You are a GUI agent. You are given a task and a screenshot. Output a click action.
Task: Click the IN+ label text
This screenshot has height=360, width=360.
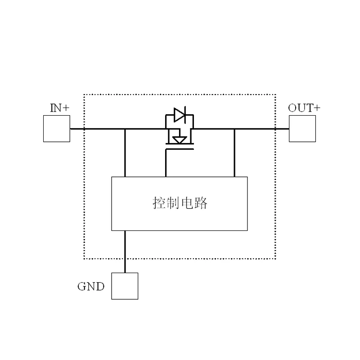pos(59,108)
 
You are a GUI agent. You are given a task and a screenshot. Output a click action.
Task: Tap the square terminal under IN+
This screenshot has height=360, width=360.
pos(57,129)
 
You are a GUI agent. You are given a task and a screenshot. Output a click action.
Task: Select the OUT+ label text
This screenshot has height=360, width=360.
pos(304,108)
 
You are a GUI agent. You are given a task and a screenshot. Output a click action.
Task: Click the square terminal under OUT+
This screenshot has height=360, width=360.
pos(302,129)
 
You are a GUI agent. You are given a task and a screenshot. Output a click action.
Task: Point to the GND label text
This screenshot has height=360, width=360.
pos(91,287)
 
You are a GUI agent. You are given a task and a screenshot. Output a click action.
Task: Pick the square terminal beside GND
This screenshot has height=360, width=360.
pos(125,286)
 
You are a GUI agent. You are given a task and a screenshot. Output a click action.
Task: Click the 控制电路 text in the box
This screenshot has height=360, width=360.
pos(180,203)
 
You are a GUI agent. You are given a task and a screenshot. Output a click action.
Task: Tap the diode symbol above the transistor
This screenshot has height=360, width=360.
pos(180,115)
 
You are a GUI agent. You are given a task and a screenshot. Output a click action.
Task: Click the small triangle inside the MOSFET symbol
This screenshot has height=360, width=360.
pos(180,140)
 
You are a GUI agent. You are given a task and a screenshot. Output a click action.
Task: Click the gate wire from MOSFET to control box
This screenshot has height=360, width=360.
pos(166,164)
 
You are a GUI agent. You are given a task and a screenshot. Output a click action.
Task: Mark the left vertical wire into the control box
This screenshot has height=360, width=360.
pos(125,153)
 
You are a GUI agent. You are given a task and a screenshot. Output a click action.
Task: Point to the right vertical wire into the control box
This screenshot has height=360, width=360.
pos(234,153)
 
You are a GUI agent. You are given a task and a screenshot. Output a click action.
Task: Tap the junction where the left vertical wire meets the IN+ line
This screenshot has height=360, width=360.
pos(125,129)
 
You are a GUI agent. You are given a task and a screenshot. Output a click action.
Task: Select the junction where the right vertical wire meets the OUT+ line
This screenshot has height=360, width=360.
pos(234,129)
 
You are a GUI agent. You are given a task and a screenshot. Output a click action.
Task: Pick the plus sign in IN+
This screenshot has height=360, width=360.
pos(67,108)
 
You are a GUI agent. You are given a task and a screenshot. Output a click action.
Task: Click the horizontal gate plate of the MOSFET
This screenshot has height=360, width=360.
pos(180,149)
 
